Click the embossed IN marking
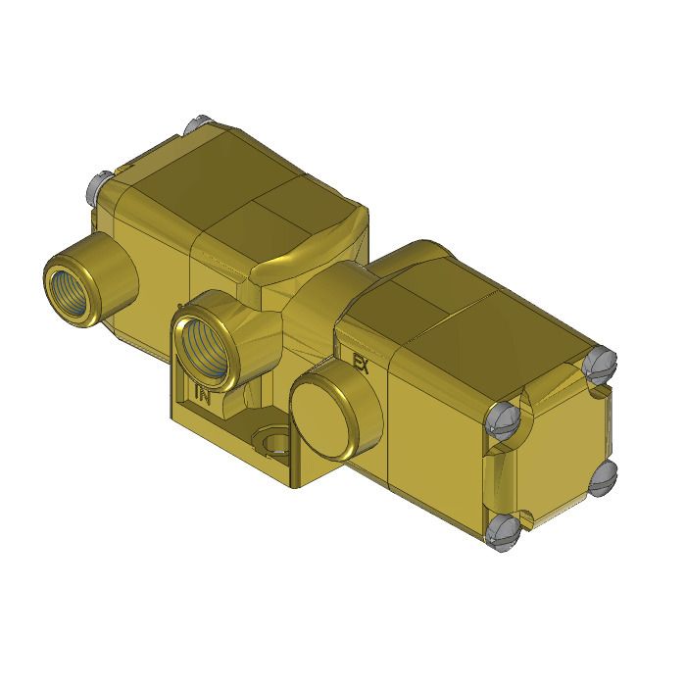coord(203,396)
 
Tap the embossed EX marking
coord(360,365)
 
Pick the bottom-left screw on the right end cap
coord(501,530)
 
